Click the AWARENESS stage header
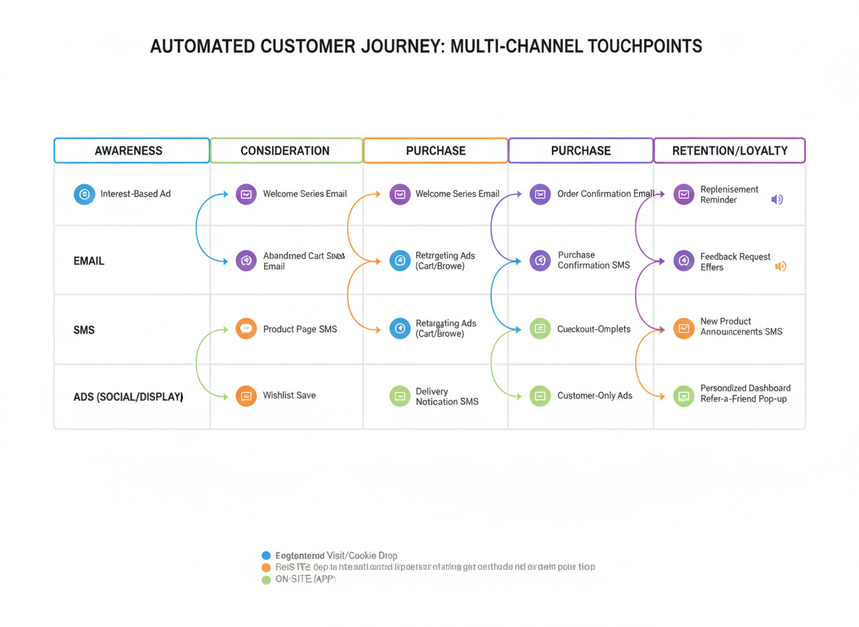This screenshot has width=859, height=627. [131, 151]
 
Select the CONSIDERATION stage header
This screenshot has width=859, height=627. [286, 151]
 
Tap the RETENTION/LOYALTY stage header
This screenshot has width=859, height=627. [729, 151]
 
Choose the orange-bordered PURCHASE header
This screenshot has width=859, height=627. [435, 151]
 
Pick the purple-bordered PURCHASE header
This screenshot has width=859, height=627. [580, 151]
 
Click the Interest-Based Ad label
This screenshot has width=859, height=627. [136, 194]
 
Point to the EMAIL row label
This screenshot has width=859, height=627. [89, 261]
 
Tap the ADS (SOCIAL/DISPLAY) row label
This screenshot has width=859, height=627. [128, 398]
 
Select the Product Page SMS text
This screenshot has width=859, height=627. [300, 329]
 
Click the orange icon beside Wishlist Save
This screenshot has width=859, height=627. [246, 396]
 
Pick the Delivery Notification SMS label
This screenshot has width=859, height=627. [446, 397]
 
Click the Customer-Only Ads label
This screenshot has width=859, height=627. [594, 396]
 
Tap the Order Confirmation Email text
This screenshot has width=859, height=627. [605, 194]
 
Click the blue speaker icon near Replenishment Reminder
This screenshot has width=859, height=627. [777, 200]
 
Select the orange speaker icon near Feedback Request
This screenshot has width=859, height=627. [781, 266]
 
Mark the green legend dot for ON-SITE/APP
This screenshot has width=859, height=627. [266, 580]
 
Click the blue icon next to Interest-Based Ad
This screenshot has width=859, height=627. [84, 194]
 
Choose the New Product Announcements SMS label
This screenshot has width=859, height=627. [741, 327]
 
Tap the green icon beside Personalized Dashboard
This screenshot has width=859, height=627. [683, 396]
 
